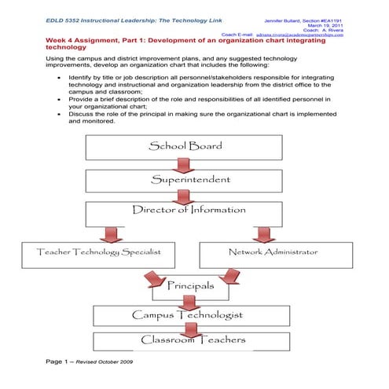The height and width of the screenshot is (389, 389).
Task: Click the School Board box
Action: (x=185, y=147)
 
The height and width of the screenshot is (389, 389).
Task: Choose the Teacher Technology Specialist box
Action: (x=99, y=253)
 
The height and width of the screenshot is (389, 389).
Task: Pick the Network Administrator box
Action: (x=273, y=253)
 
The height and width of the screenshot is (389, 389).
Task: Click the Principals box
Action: (x=189, y=287)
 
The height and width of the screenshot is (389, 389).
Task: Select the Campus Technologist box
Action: (x=186, y=315)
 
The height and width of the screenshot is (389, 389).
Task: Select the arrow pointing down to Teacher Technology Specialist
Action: (x=112, y=234)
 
